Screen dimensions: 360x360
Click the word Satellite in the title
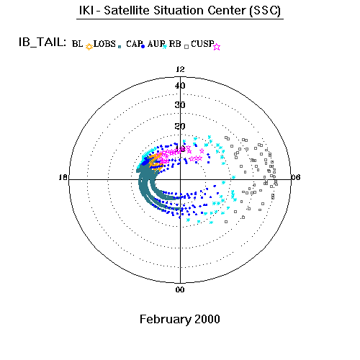click(127, 10)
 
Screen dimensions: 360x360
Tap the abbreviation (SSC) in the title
click(265, 11)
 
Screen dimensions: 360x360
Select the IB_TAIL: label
click(42, 42)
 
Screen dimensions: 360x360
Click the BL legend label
click(77, 44)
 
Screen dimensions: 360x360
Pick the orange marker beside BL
click(89, 47)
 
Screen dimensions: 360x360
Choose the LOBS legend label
click(104, 44)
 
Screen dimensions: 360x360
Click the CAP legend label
click(135, 44)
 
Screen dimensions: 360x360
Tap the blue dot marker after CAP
click(143, 47)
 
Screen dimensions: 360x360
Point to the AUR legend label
click(156, 44)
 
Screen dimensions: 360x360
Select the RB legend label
click(175, 44)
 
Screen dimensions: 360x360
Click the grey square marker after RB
click(186, 47)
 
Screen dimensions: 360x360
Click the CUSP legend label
click(202, 44)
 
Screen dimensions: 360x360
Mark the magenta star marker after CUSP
click(217, 47)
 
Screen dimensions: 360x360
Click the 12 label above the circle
click(180, 69)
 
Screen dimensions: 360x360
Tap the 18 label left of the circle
click(63, 177)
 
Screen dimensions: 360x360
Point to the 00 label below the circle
click(180, 289)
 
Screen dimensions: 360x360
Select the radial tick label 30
click(180, 105)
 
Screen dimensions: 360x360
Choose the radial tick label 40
click(180, 86)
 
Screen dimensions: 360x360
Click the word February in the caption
click(166, 320)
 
